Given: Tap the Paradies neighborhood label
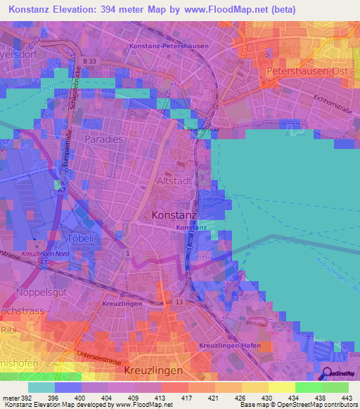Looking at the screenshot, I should tap(103, 139).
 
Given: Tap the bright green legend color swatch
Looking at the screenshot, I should tap(308, 387).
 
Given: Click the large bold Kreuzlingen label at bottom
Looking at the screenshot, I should tap(153, 370).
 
